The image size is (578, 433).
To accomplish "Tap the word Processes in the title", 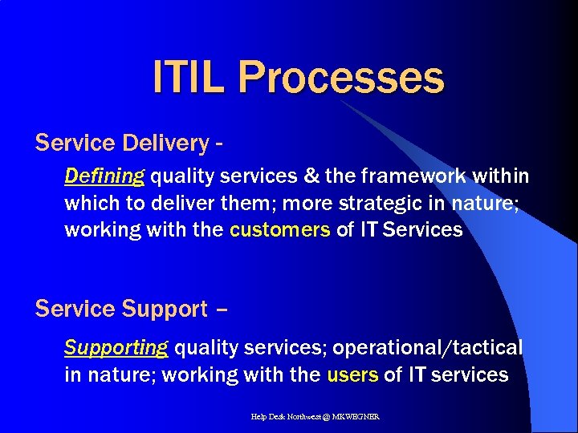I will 340,78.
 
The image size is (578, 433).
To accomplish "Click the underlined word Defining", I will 104,176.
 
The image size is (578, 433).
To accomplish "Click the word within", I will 500,176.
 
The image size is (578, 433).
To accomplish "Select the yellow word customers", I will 279,230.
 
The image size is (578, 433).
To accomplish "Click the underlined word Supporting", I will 116,348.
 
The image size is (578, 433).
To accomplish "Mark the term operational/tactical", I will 427,348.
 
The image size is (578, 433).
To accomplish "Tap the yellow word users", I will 352,374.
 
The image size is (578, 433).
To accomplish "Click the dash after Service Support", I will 222,310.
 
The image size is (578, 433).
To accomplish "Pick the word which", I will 90,203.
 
